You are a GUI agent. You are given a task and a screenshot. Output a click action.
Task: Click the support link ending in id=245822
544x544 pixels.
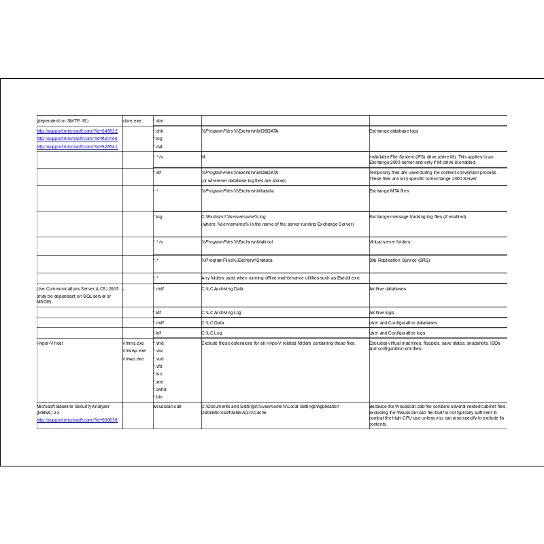coord(77,131)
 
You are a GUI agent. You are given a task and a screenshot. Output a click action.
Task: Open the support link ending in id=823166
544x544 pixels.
coord(77,139)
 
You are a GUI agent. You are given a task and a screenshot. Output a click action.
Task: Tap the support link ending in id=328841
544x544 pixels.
coord(77,146)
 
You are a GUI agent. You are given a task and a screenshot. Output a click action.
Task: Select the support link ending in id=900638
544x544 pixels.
coord(77,420)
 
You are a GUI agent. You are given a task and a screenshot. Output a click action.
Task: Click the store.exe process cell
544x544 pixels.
coord(132,121)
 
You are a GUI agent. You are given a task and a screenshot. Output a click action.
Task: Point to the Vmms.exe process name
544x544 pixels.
coord(133,343)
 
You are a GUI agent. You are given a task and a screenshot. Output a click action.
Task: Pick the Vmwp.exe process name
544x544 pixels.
coord(133,358)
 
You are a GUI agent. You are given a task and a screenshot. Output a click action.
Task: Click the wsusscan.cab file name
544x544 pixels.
coord(167,407)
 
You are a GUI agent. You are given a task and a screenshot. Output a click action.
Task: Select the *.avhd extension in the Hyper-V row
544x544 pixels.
coord(160,389)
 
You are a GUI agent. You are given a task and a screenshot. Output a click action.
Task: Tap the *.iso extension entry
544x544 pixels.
coord(158,373)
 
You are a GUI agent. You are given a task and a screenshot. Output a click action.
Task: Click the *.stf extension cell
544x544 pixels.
coord(158,173)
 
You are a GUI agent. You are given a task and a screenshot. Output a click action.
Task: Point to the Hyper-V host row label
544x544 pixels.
coord(50,343)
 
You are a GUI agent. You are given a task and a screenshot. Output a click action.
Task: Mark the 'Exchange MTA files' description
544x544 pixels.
coord(389,191)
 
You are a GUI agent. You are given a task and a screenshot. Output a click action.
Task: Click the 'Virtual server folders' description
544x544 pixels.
coord(390,241)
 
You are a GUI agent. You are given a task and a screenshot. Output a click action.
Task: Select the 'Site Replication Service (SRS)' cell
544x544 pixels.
coord(399,260)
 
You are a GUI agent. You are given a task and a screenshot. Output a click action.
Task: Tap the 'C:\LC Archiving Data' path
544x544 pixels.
coord(222,289)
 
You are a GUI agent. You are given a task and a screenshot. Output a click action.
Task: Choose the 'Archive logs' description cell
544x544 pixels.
coord(381,313)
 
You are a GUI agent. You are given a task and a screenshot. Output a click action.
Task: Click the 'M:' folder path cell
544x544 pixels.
coord(204,157)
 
